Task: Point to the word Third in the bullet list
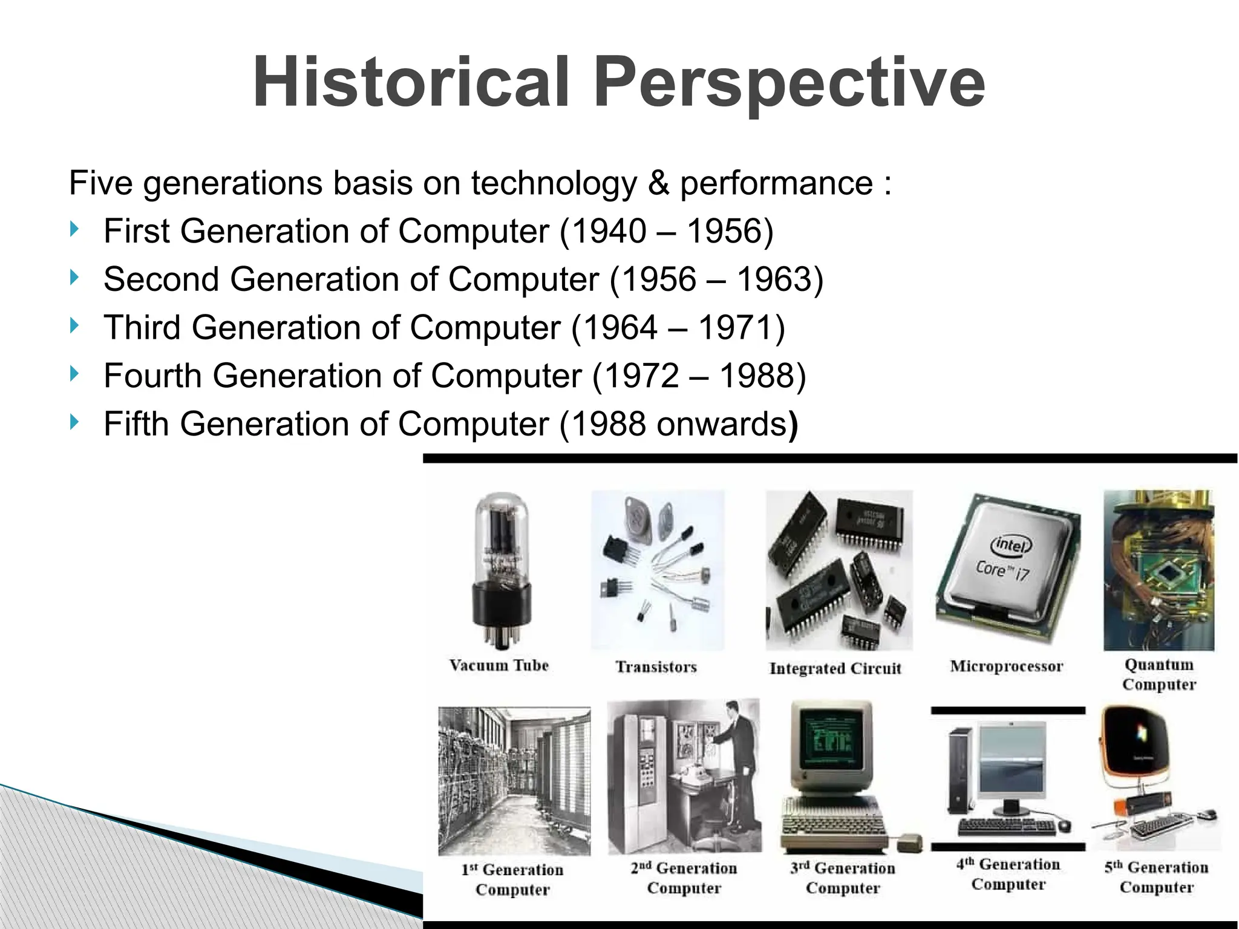[x=142, y=327]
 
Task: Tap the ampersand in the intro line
[x=658, y=183]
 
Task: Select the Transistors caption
[x=656, y=667]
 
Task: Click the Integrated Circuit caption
[x=835, y=668]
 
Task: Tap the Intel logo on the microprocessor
[x=1010, y=545]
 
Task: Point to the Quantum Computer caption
[x=1159, y=674]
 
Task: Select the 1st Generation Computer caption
[x=512, y=879]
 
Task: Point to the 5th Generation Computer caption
[x=1156, y=877]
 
